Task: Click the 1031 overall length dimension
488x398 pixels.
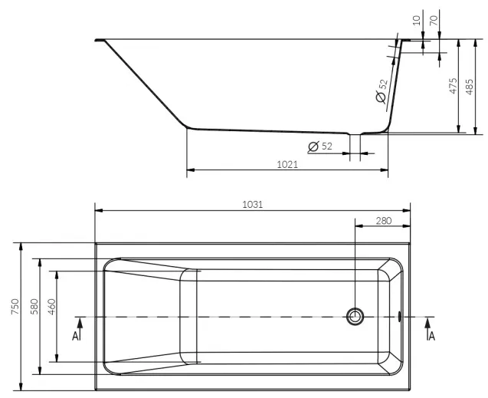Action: pyautogui.click(x=252, y=205)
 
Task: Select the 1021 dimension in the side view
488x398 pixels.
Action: pyautogui.click(x=287, y=164)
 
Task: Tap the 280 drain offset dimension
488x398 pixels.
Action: pyautogui.click(x=383, y=221)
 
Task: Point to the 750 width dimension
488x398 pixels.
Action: pyautogui.click(x=15, y=306)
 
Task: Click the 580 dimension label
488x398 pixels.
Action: pyautogui.click(x=34, y=306)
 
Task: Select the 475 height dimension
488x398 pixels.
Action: pyautogui.click(x=454, y=86)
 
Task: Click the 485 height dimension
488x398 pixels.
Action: pyautogui.click(x=470, y=87)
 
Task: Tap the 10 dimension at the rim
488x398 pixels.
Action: pyautogui.click(x=417, y=21)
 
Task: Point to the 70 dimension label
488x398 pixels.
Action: pyautogui.click(x=434, y=21)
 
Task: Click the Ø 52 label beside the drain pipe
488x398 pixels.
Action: pyautogui.click(x=320, y=146)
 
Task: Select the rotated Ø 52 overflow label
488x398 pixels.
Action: pyautogui.click(x=382, y=91)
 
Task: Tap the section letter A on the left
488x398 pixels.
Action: pyautogui.click(x=75, y=336)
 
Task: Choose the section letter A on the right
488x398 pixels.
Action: pyautogui.click(x=432, y=336)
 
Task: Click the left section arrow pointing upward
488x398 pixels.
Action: pyautogui.click(x=80, y=328)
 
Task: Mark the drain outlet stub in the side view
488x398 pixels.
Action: pyautogui.click(x=355, y=147)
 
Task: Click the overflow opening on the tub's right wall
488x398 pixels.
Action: pyautogui.click(x=399, y=317)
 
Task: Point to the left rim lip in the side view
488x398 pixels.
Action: pyautogui.click(x=100, y=40)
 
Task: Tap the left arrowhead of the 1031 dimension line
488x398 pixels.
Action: pyautogui.click(x=99, y=211)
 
